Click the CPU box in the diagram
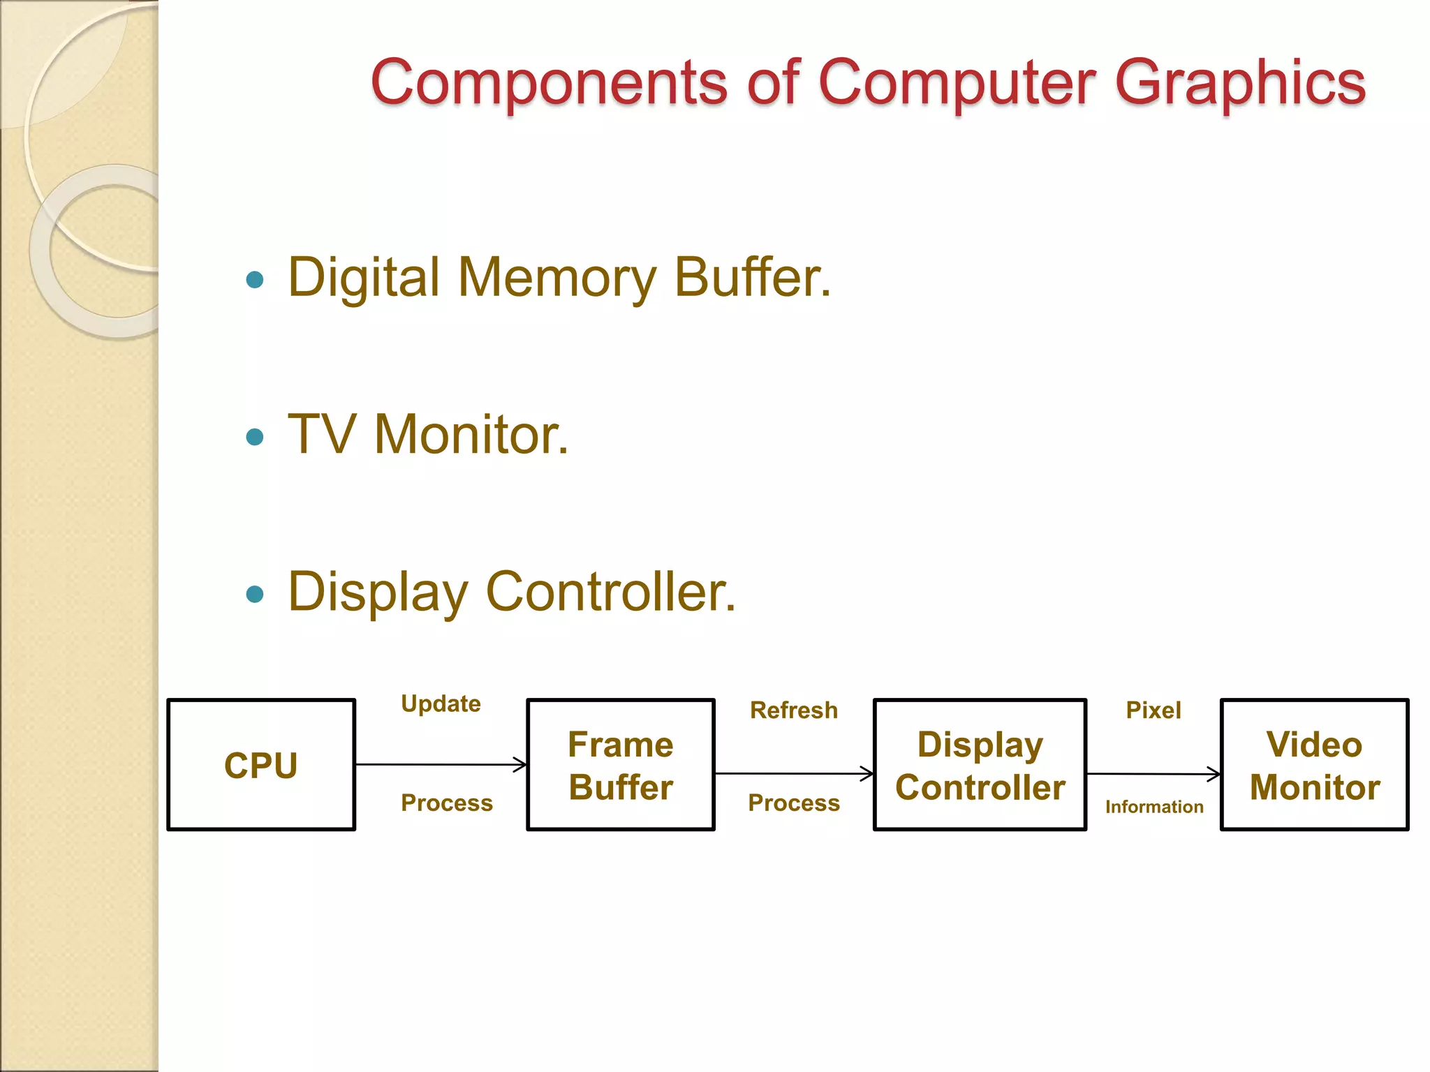261,765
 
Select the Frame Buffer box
620,765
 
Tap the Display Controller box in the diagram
980,765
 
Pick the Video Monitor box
1314,765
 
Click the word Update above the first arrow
441,703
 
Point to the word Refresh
793,710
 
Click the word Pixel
1153,710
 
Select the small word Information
1153,807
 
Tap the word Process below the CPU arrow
446,803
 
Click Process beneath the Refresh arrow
793,803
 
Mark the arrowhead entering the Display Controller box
868,773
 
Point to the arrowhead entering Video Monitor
1215,774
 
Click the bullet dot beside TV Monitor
255,438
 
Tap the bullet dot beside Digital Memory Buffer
255,281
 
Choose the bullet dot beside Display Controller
255,595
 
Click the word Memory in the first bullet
556,278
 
